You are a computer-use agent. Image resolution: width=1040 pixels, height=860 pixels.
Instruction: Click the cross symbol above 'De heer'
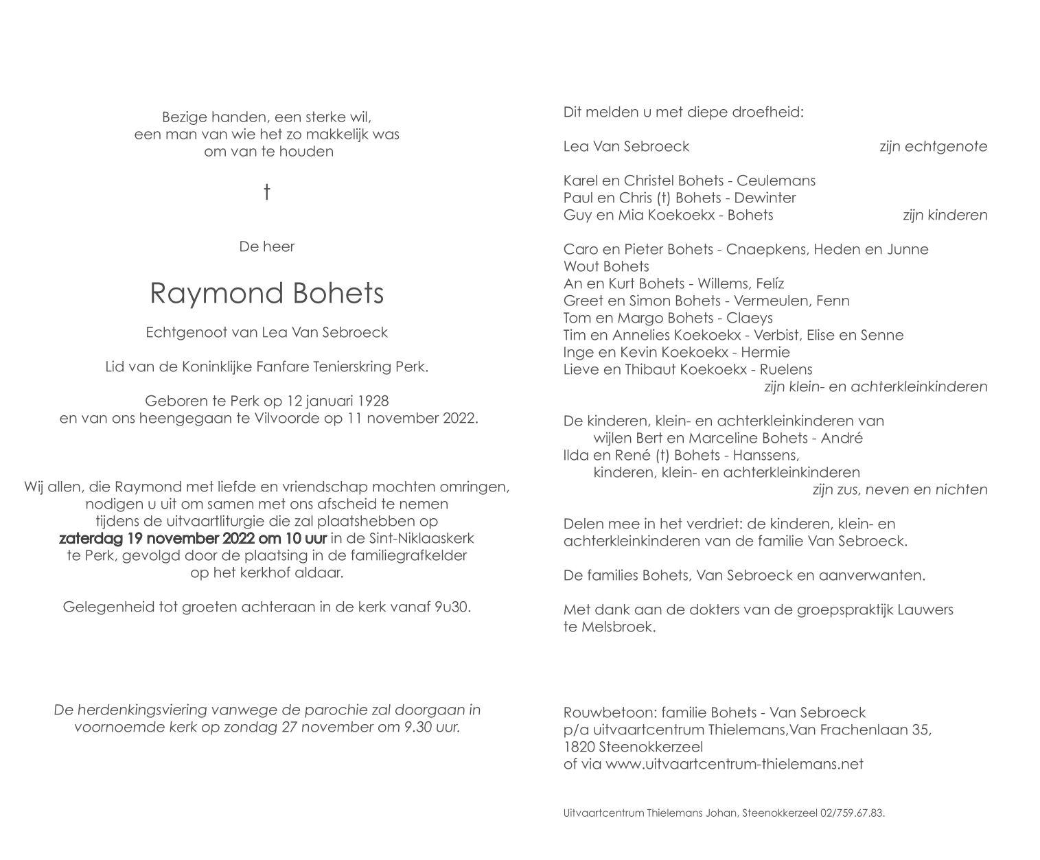[x=266, y=192]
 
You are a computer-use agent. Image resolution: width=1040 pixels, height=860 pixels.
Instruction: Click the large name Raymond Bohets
[x=266, y=293]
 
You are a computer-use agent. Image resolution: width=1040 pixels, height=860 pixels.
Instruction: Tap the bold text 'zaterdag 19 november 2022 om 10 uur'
[x=193, y=538]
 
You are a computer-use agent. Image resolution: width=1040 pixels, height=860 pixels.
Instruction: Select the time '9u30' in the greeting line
[x=452, y=607]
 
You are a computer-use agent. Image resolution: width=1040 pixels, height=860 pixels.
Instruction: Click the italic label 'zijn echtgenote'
[x=933, y=146]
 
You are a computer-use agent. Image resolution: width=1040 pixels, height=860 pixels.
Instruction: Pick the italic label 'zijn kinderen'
[x=945, y=215]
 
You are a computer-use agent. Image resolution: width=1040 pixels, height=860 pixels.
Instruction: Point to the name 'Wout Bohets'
[x=605, y=266]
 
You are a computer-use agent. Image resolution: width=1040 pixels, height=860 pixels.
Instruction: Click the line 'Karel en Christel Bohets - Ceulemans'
[x=689, y=181]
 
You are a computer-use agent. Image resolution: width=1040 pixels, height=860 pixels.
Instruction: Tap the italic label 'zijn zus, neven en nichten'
[x=899, y=489]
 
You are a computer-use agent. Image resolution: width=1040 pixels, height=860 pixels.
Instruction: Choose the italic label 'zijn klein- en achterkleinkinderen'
[x=875, y=386]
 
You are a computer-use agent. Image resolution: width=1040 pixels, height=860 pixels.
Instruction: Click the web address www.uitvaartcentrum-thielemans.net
[x=734, y=764]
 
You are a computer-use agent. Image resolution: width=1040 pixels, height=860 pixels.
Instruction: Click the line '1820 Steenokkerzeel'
[x=632, y=747]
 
